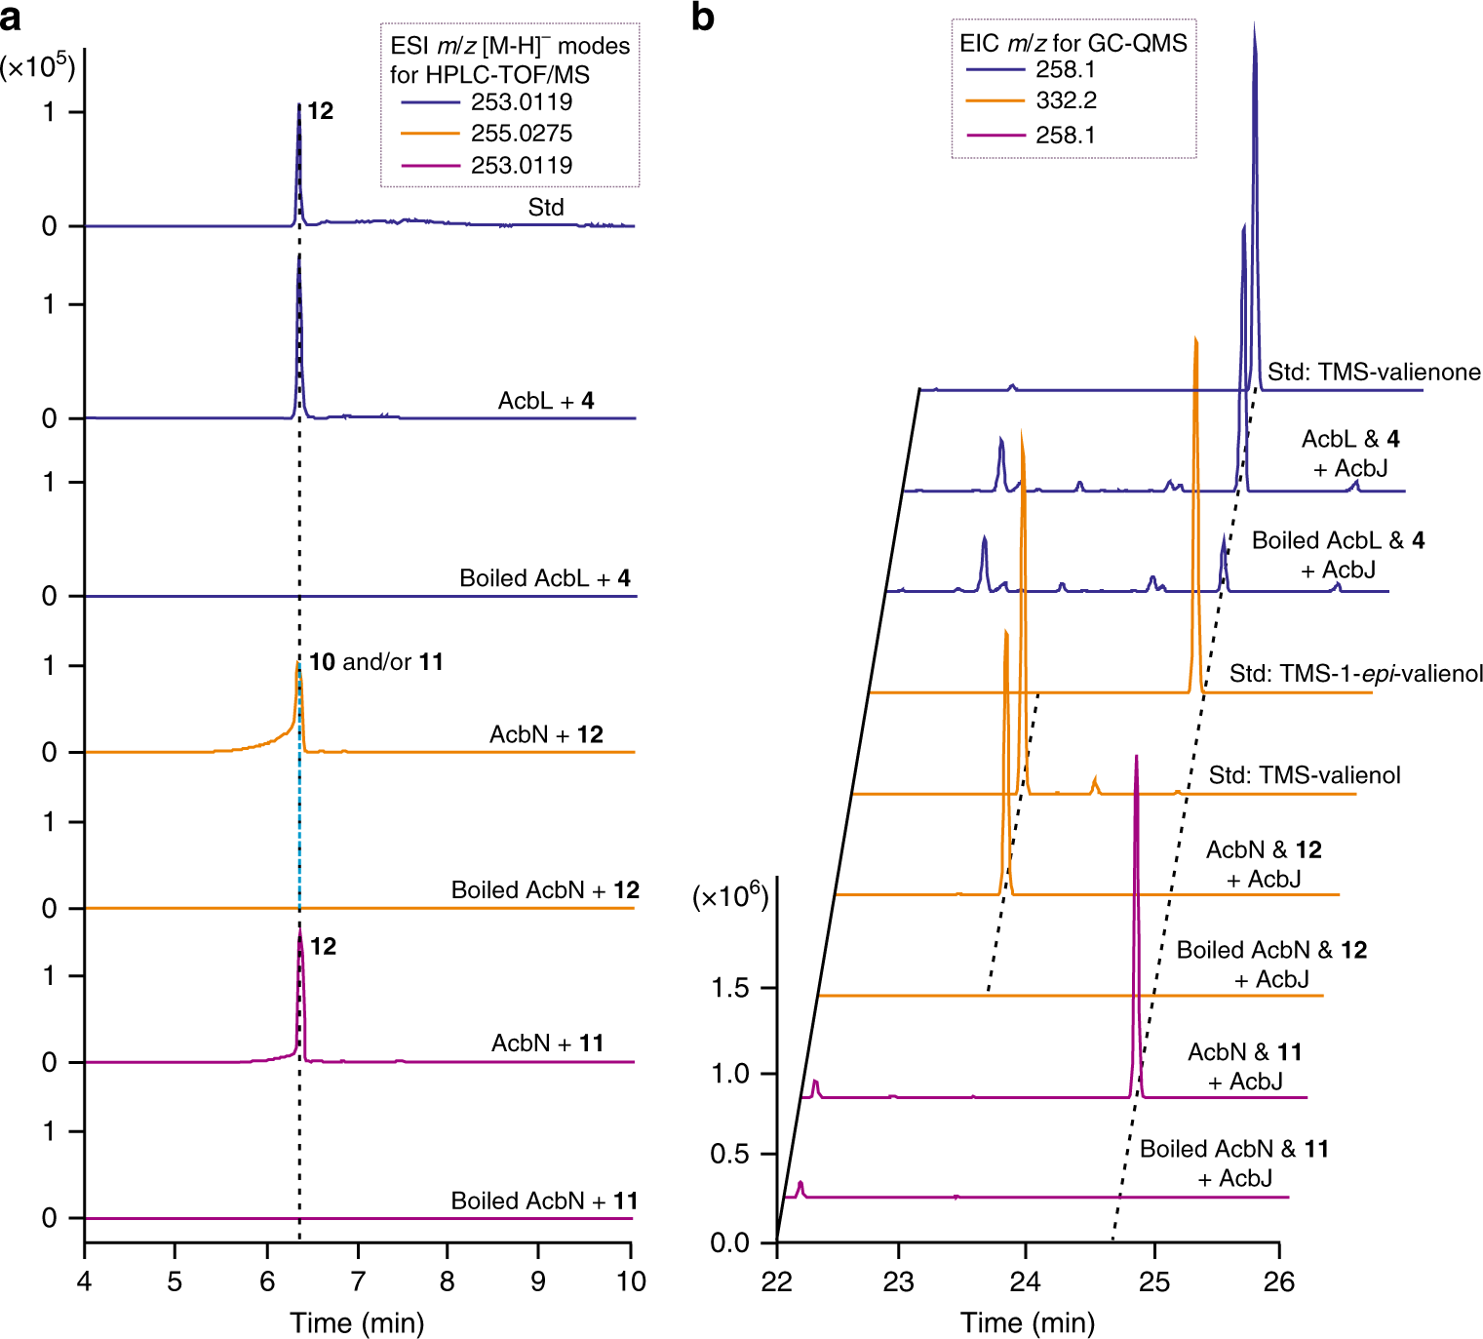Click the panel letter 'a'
[12, 18]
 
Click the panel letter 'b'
[703, 18]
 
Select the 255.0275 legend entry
[521, 134]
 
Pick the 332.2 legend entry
[1066, 100]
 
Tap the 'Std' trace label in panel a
[546, 207]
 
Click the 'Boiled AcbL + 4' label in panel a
[544, 578]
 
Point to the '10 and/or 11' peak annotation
[375, 662]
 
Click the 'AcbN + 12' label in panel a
[546, 734]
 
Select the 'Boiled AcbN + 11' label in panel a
[543, 1201]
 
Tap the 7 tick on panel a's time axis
[358, 1280]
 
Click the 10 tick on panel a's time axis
[631, 1280]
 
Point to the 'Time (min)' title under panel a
[357, 1323]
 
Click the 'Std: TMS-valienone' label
[1373, 372]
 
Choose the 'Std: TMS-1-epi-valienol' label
[1355, 674]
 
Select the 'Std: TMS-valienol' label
[1304, 775]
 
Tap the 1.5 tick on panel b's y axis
[730, 988]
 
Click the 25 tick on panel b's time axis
[1153, 1280]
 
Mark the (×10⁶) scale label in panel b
[730, 896]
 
